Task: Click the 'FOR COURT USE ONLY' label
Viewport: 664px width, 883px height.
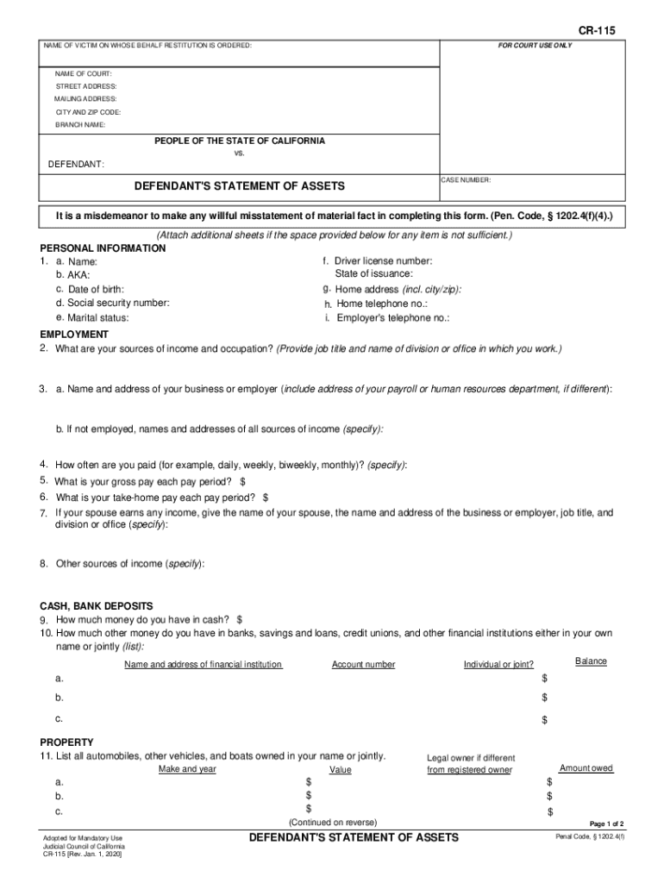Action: point(535,45)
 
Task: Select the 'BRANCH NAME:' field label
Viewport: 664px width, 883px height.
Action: point(81,125)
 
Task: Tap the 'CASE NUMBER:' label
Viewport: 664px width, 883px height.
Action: point(467,180)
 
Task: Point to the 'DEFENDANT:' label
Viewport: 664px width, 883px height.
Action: point(76,164)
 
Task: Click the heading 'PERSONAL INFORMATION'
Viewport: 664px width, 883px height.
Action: point(103,248)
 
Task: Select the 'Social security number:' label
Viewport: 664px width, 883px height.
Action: point(113,303)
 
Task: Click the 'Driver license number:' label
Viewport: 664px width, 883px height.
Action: point(384,260)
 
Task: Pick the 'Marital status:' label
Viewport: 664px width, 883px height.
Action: point(97,318)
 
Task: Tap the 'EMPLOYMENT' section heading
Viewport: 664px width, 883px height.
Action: point(74,334)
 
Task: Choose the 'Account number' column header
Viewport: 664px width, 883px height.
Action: point(363,665)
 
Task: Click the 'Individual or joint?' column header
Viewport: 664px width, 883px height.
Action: point(498,665)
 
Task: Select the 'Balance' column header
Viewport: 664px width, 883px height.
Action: point(591,661)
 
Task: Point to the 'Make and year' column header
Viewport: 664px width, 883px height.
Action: point(187,769)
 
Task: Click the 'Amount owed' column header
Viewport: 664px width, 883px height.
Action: point(586,768)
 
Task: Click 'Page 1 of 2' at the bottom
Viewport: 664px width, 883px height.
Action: point(606,824)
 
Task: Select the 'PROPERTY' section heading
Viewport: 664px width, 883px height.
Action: point(67,742)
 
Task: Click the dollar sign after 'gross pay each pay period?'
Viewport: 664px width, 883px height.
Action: point(243,481)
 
